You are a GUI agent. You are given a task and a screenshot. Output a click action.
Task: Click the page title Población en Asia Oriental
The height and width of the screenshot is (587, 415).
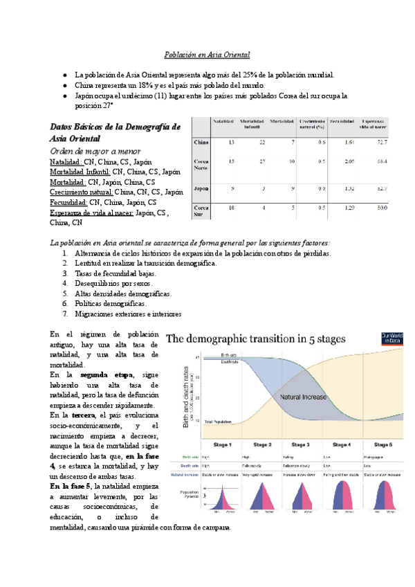[x=207, y=54]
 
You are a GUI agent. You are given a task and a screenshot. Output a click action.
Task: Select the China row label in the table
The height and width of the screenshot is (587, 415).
[x=201, y=142]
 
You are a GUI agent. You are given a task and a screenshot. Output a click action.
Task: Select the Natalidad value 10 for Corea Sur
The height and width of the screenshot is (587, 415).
[x=232, y=208]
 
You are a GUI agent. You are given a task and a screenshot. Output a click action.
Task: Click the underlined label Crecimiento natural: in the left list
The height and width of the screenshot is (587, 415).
[x=81, y=192]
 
